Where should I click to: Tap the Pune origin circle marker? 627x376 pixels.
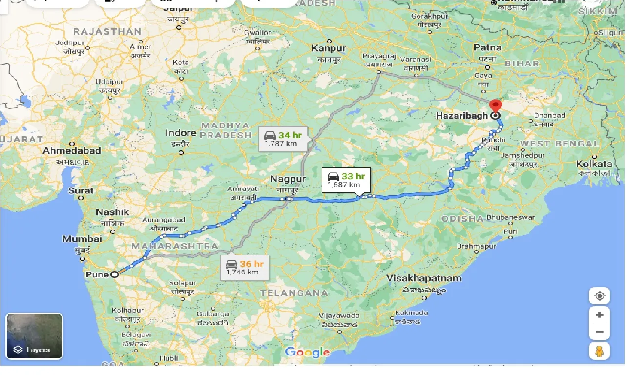coord(115,274)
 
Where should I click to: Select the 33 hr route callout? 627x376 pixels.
coord(346,180)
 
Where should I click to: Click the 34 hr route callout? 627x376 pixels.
coord(283,138)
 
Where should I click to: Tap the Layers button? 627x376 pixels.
coord(34,336)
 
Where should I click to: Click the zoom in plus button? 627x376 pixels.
coord(599,315)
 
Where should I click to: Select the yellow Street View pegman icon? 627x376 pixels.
coord(599,352)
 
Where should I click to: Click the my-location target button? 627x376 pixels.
coord(599,296)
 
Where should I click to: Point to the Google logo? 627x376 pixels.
coord(307,352)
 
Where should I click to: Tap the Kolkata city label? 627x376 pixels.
coord(594,164)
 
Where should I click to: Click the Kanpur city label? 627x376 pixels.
coord(329,48)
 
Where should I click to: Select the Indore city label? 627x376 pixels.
coord(180,133)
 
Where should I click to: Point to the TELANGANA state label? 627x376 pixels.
coord(293,293)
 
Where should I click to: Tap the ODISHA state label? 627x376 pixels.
coord(462,218)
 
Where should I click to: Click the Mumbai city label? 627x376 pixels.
coord(82,239)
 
